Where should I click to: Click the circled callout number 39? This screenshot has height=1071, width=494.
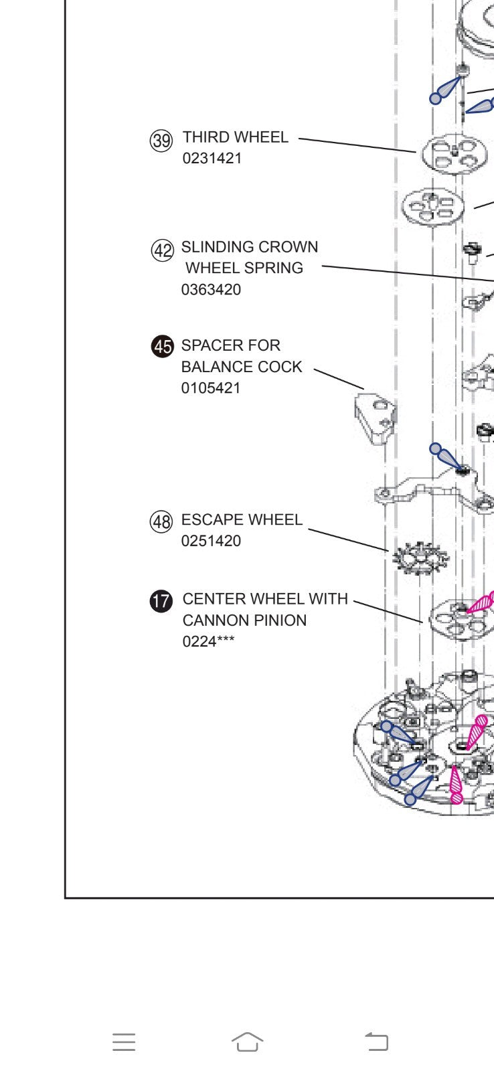[161, 141]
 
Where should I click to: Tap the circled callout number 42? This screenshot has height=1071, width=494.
[162, 250]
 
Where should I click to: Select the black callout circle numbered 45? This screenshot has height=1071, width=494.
[162, 347]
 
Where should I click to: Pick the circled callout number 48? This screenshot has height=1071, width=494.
[161, 521]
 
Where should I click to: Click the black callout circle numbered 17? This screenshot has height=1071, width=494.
[161, 600]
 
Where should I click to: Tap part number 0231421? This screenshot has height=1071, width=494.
[212, 159]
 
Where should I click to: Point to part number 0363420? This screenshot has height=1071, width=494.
[211, 290]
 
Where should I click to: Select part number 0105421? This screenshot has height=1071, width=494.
[211, 388]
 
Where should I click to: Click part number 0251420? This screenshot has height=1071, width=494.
[211, 541]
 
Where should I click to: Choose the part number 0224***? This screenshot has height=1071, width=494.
[208, 641]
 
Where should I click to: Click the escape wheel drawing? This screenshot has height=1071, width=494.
[420, 558]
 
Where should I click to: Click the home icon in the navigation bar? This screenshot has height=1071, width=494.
[247, 1042]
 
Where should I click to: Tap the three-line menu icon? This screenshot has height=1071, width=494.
[124, 1042]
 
